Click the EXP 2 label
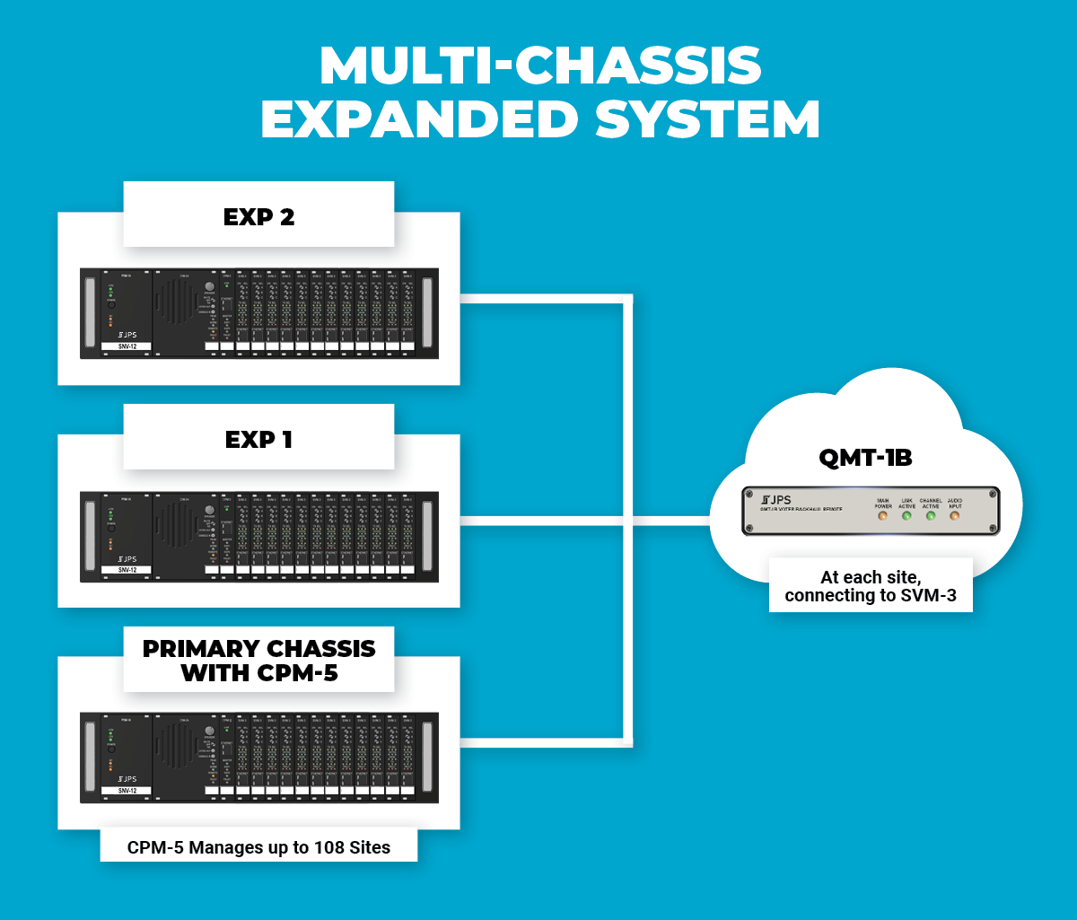[x=258, y=216]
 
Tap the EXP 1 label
[x=258, y=439]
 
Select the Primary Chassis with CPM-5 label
[x=258, y=661]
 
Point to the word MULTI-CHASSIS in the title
[x=540, y=66]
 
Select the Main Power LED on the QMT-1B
[x=882, y=517]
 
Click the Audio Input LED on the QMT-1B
[x=954, y=517]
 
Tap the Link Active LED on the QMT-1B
[x=907, y=517]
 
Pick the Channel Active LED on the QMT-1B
[x=931, y=517]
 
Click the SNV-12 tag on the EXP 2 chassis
[x=127, y=346]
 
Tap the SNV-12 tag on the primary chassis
[x=127, y=791]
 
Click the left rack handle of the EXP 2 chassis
[x=89, y=313]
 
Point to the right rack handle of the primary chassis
[x=427, y=758]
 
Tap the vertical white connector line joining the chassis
[x=627, y=521]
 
